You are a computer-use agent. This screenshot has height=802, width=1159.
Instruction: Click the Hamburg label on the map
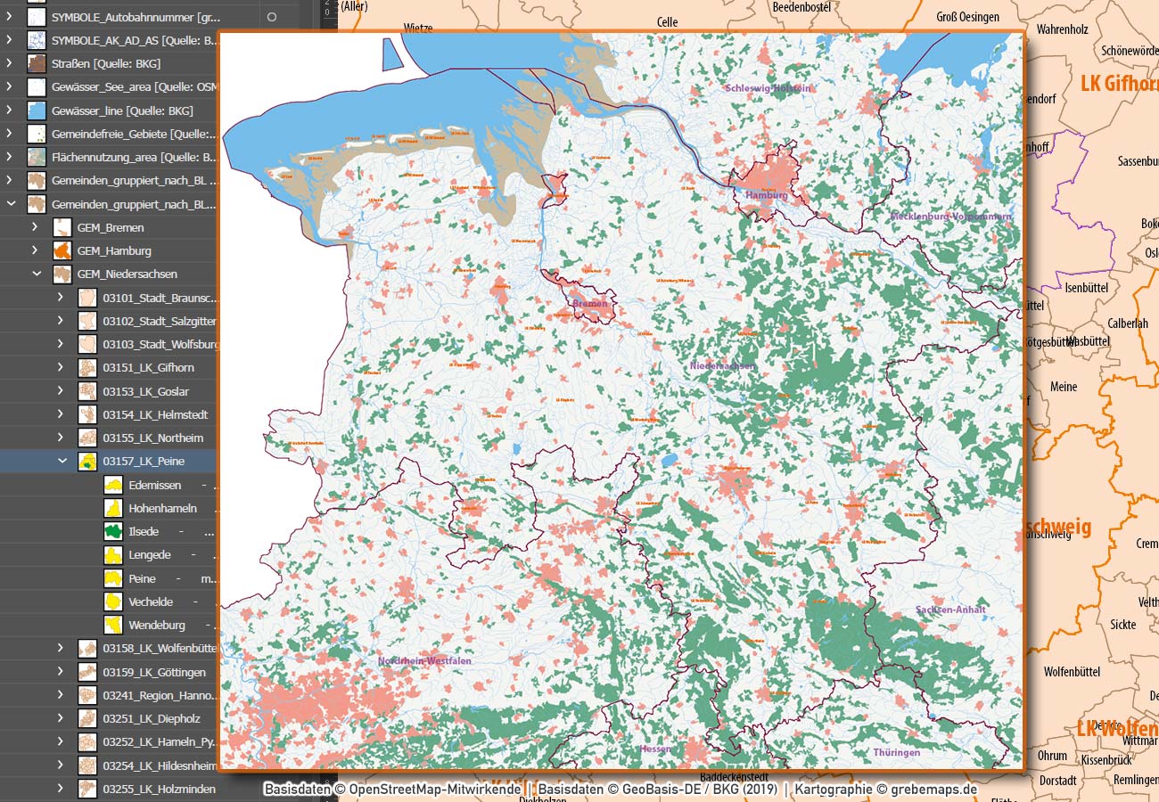click(x=766, y=195)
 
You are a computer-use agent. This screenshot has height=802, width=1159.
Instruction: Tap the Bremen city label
click(x=589, y=304)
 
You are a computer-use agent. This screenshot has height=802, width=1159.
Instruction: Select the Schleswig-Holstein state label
click(x=768, y=88)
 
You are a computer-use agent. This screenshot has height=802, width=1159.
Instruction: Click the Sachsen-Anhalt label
click(x=950, y=610)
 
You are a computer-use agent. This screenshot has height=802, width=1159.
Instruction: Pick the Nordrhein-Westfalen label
click(x=424, y=661)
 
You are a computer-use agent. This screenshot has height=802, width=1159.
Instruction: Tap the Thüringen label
click(x=896, y=753)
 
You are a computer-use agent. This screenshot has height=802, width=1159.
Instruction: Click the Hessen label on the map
click(x=655, y=749)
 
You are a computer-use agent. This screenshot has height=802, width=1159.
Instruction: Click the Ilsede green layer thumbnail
click(x=113, y=531)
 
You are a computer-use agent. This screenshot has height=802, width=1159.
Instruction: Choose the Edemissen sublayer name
click(x=154, y=485)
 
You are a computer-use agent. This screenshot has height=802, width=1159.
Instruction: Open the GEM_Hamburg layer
click(x=114, y=250)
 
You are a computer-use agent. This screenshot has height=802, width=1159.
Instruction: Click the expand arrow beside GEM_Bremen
click(x=35, y=227)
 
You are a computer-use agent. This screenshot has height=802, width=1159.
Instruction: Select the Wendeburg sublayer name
click(x=156, y=625)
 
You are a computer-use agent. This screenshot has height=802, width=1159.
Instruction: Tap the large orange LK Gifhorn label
click(x=1118, y=84)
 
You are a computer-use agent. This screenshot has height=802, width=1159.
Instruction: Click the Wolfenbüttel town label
click(x=1072, y=672)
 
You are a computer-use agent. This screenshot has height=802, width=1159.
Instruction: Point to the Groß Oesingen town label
click(x=967, y=17)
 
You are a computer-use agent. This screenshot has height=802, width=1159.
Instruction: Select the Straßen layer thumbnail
click(x=37, y=63)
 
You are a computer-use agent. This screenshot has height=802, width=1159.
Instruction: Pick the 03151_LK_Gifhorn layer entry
click(x=148, y=367)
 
